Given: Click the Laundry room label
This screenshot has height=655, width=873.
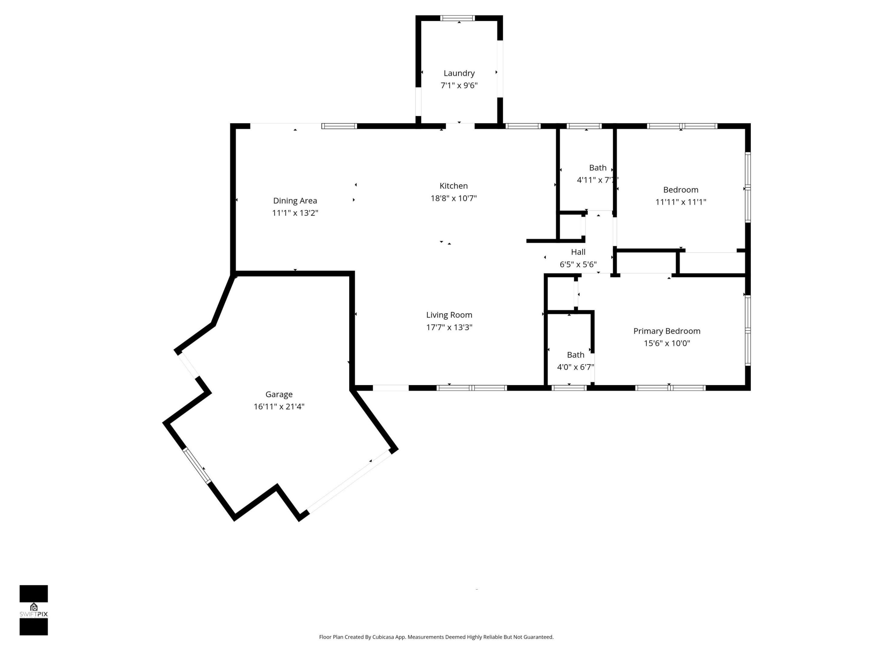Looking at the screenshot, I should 459,73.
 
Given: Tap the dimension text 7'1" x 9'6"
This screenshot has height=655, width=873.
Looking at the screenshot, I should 459,85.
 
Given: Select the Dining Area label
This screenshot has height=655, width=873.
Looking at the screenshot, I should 295,200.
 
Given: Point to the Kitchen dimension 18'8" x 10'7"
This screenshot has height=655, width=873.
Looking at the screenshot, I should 453,198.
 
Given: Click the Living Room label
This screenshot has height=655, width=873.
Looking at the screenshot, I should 449,315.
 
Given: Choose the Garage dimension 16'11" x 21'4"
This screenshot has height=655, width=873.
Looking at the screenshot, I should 279,406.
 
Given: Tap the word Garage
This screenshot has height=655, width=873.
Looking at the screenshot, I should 279,394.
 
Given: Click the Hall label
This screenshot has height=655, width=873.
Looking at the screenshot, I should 578,252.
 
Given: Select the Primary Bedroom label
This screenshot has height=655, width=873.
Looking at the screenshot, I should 667,331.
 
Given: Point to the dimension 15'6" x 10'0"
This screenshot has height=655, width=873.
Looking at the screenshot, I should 667,343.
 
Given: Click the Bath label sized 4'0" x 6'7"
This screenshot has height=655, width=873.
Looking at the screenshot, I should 575,354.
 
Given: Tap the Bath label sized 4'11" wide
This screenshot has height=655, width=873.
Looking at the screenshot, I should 597,168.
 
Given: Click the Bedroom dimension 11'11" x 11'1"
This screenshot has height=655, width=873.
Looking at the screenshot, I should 681,202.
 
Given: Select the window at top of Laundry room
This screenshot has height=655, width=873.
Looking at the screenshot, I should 457,18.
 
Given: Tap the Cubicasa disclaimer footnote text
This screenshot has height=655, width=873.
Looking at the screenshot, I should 436,637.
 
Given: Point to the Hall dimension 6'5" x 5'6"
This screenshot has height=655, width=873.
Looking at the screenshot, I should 578,264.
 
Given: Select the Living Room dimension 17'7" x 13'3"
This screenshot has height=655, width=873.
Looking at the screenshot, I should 449,327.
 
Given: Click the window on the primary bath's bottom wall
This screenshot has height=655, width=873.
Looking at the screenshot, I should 569,388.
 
